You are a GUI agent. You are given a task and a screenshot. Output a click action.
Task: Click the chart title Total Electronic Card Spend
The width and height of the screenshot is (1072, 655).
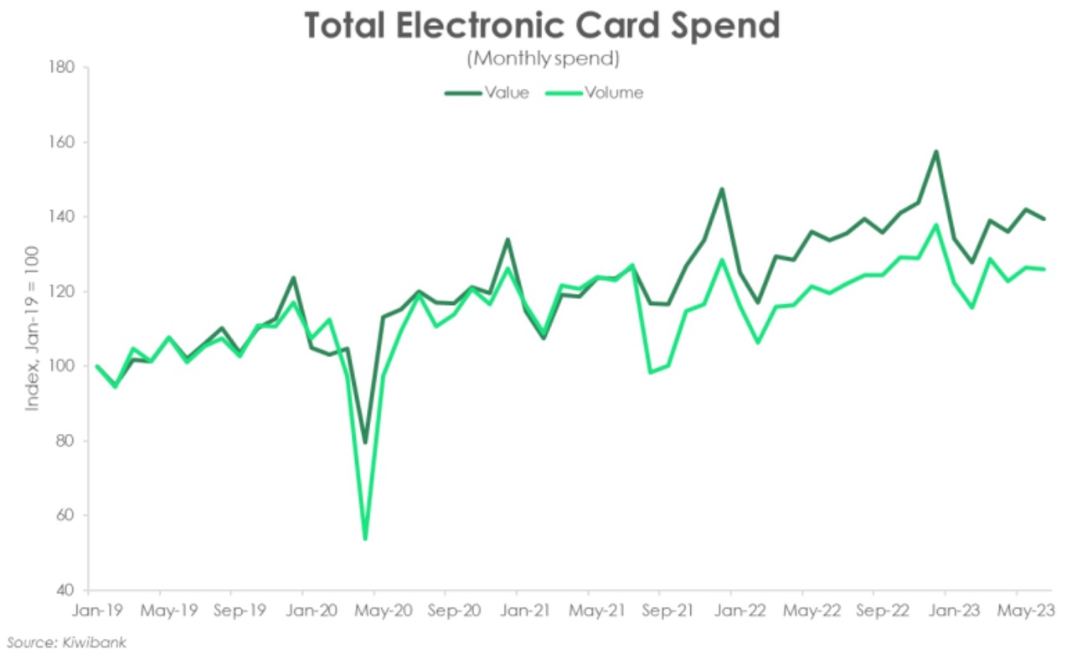pyautogui.click(x=541, y=25)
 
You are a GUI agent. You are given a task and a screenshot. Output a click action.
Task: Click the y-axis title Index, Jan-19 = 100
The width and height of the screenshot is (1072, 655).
pyautogui.click(x=32, y=329)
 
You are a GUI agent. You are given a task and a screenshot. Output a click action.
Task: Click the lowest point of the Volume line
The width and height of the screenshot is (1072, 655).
pyautogui.click(x=365, y=539)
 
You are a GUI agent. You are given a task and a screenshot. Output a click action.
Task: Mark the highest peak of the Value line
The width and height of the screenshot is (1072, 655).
pyautogui.click(x=935, y=152)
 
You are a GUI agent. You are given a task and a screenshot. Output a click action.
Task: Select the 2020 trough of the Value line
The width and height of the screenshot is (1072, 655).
pyautogui.click(x=364, y=442)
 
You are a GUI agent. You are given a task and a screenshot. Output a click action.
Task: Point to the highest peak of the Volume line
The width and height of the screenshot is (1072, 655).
pyautogui.click(x=935, y=224)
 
